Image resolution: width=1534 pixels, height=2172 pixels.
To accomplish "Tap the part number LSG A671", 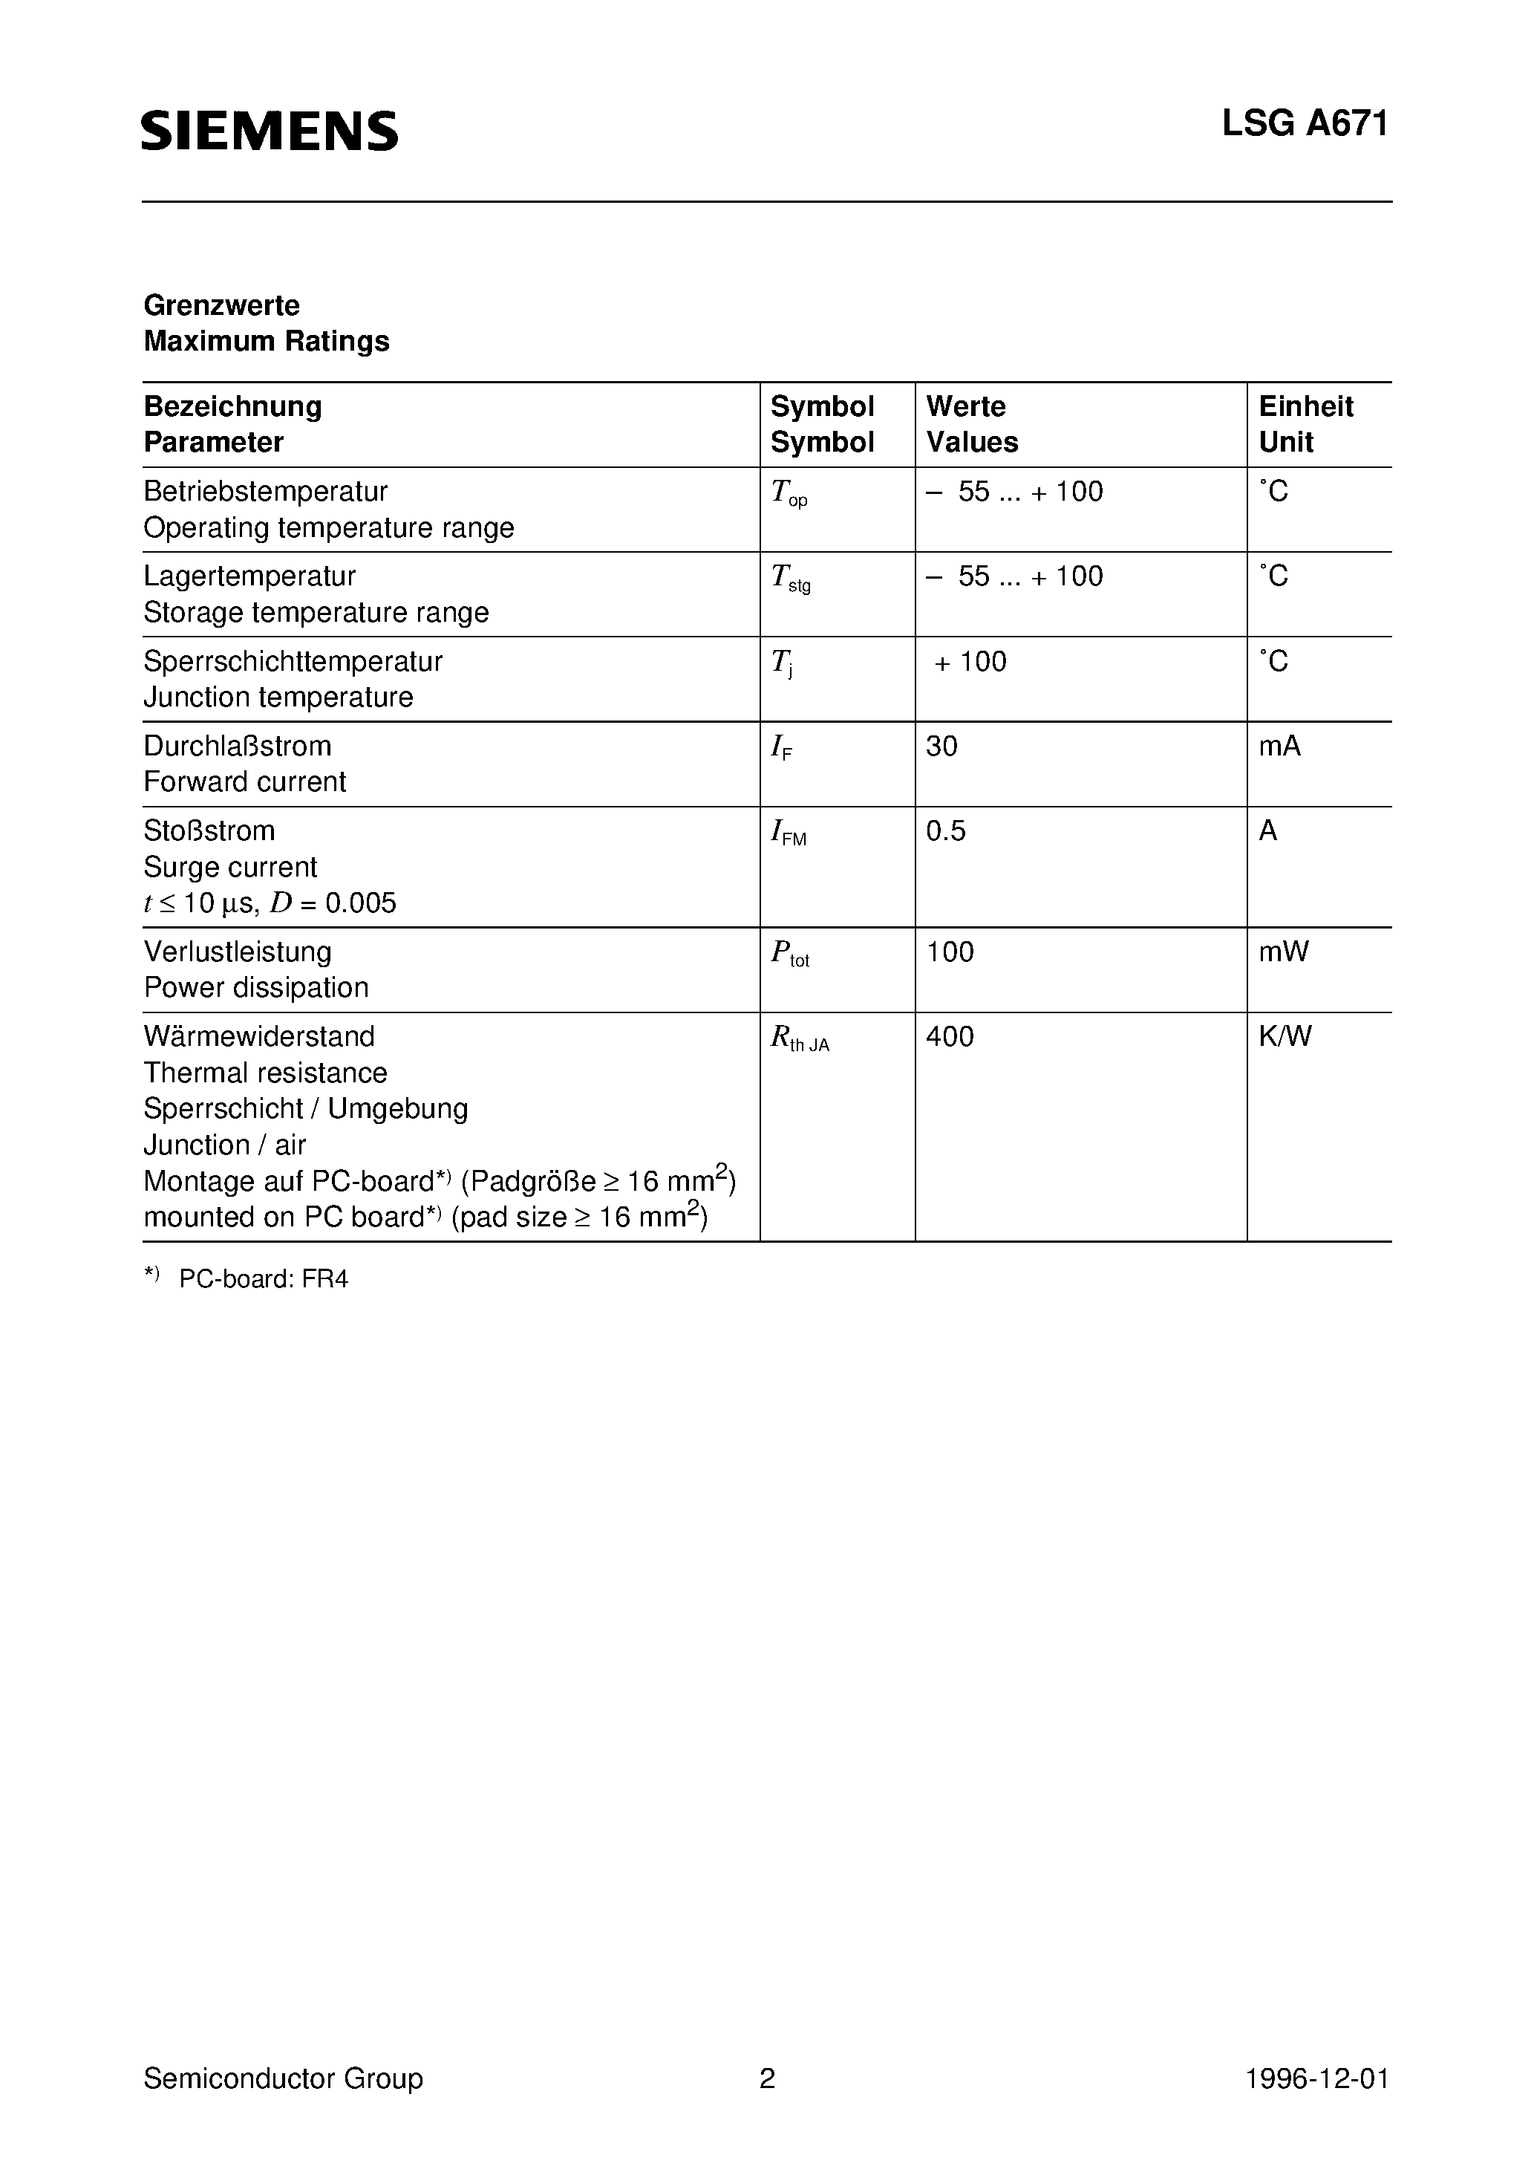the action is click(1305, 124).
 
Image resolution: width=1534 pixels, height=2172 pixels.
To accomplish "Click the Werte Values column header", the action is click(971, 424).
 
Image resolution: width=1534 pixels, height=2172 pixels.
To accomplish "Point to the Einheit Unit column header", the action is click(1305, 424).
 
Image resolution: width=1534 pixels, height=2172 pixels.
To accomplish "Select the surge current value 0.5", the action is click(946, 830).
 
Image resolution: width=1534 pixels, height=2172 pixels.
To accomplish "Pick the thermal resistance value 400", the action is click(950, 1037).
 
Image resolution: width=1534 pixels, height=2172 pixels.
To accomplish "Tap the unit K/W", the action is click(1285, 1037).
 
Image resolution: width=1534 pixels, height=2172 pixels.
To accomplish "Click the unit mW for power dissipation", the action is click(1283, 952).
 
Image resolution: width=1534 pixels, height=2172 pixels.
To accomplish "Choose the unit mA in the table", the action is click(1279, 747).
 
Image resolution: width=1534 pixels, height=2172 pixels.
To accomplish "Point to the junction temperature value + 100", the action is click(970, 661).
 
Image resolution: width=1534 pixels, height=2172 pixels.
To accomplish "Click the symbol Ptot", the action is click(790, 954).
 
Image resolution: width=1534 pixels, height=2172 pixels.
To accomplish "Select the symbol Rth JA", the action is click(799, 1038).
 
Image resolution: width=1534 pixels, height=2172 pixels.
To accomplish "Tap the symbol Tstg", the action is click(791, 578).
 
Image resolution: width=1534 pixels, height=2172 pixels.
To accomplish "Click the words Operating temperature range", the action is click(328, 528).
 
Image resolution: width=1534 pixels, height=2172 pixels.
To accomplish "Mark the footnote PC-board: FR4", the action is click(263, 1279).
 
